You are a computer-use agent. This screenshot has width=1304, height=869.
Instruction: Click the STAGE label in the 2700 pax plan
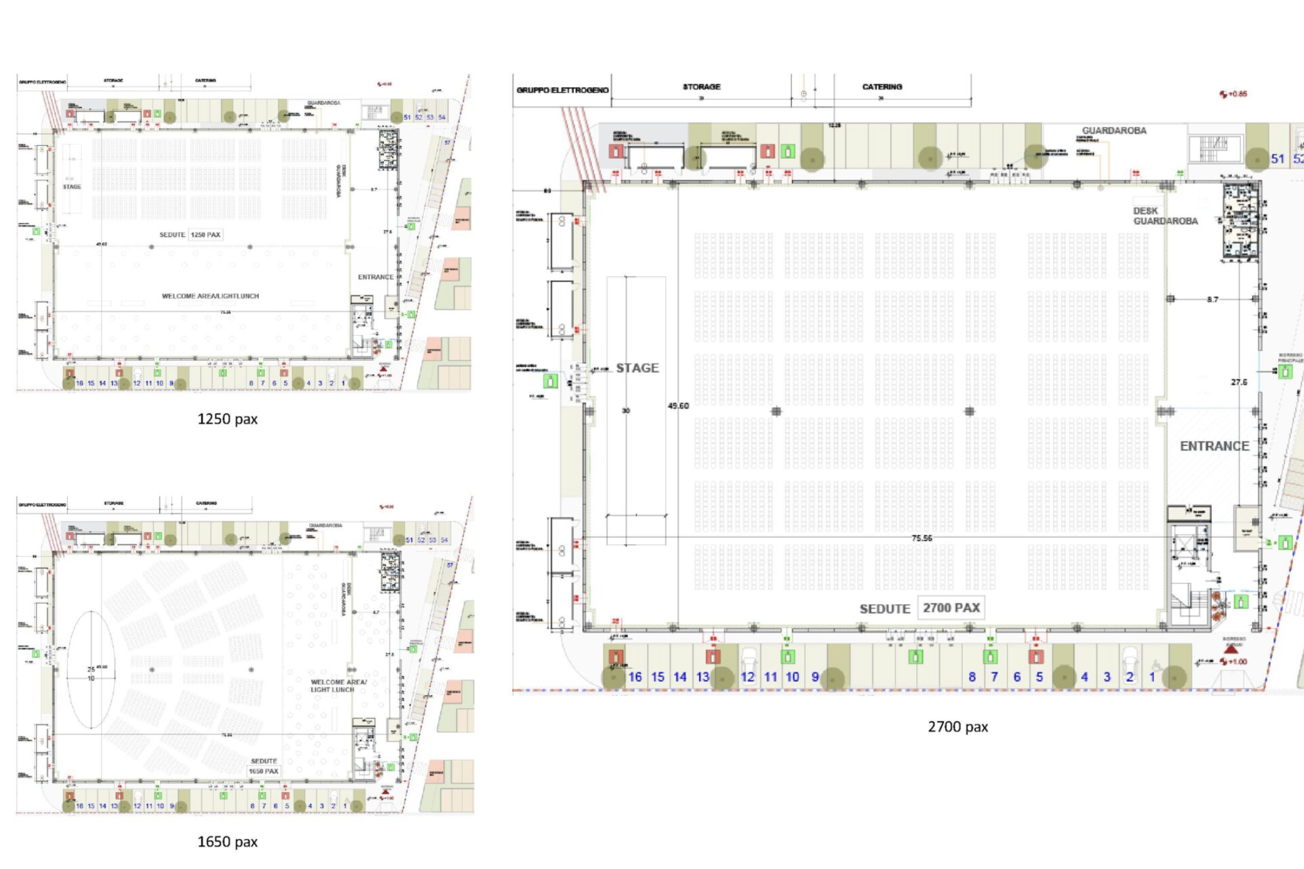pyautogui.click(x=637, y=368)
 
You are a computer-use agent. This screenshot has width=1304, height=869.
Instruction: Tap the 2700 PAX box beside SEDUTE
pyautogui.click(x=951, y=608)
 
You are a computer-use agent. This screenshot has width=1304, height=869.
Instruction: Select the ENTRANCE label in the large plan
pyautogui.click(x=1214, y=446)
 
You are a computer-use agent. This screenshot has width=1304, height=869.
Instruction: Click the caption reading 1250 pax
pyautogui.click(x=227, y=419)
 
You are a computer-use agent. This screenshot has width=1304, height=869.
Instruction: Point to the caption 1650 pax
pyautogui.click(x=227, y=842)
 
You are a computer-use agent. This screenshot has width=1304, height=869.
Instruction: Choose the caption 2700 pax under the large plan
pyautogui.click(x=957, y=727)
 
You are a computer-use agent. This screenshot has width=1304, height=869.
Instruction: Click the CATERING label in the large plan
pyautogui.click(x=882, y=87)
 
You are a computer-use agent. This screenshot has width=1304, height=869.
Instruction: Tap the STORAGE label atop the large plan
pyautogui.click(x=701, y=87)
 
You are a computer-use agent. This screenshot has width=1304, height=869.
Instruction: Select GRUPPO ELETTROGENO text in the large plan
pyautogui.click(x=562, y=90)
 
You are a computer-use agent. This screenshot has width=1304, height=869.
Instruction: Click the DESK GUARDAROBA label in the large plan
pyautogui.click(x=1165, y=216)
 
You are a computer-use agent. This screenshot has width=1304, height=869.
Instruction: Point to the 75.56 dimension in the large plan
pyautogui.click(x=921, y=538)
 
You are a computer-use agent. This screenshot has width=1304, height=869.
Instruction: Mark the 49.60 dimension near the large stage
pyautogui.click(x=678, y=406)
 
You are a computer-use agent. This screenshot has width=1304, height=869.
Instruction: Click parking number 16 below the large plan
pyautogui.click(x=635, y=677)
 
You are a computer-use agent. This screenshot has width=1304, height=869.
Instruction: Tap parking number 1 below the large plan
pyautogui.click(x=1152, y=677)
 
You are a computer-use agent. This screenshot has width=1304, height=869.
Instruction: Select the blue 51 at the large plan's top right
pyautogui.click(x=1277, y=159)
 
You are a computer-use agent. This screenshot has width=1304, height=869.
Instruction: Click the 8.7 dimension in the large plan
pyautogui.click(x=1212, y=300)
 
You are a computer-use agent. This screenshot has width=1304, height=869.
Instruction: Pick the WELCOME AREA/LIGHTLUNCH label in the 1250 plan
pyautogui.click(x=210, y=296)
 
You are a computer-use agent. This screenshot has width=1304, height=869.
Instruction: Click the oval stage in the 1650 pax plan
pyautogui.click(x=91, y=669)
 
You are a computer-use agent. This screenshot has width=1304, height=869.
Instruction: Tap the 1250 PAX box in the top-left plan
pyautogui.click(x=205, y=234)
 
